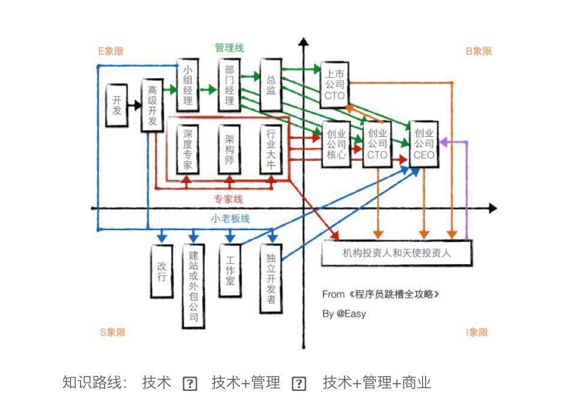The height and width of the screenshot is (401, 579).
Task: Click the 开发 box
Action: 116,105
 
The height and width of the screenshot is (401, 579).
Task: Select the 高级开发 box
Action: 152,105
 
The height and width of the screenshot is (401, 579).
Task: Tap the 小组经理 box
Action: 187,84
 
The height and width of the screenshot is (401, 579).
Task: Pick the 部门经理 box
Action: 229,84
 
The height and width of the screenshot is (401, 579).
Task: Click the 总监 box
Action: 271,84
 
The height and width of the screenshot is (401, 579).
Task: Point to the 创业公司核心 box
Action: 336,145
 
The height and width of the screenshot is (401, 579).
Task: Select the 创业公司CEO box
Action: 424,145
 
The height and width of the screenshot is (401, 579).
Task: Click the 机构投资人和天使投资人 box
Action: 397,253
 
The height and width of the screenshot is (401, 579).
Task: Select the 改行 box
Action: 162,271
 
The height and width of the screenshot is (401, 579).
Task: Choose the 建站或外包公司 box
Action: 193,286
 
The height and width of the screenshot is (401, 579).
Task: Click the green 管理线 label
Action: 229,48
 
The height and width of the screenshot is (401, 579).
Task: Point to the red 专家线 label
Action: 229,199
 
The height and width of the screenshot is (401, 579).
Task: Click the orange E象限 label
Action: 112,51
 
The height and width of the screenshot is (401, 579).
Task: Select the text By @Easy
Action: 344,313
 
